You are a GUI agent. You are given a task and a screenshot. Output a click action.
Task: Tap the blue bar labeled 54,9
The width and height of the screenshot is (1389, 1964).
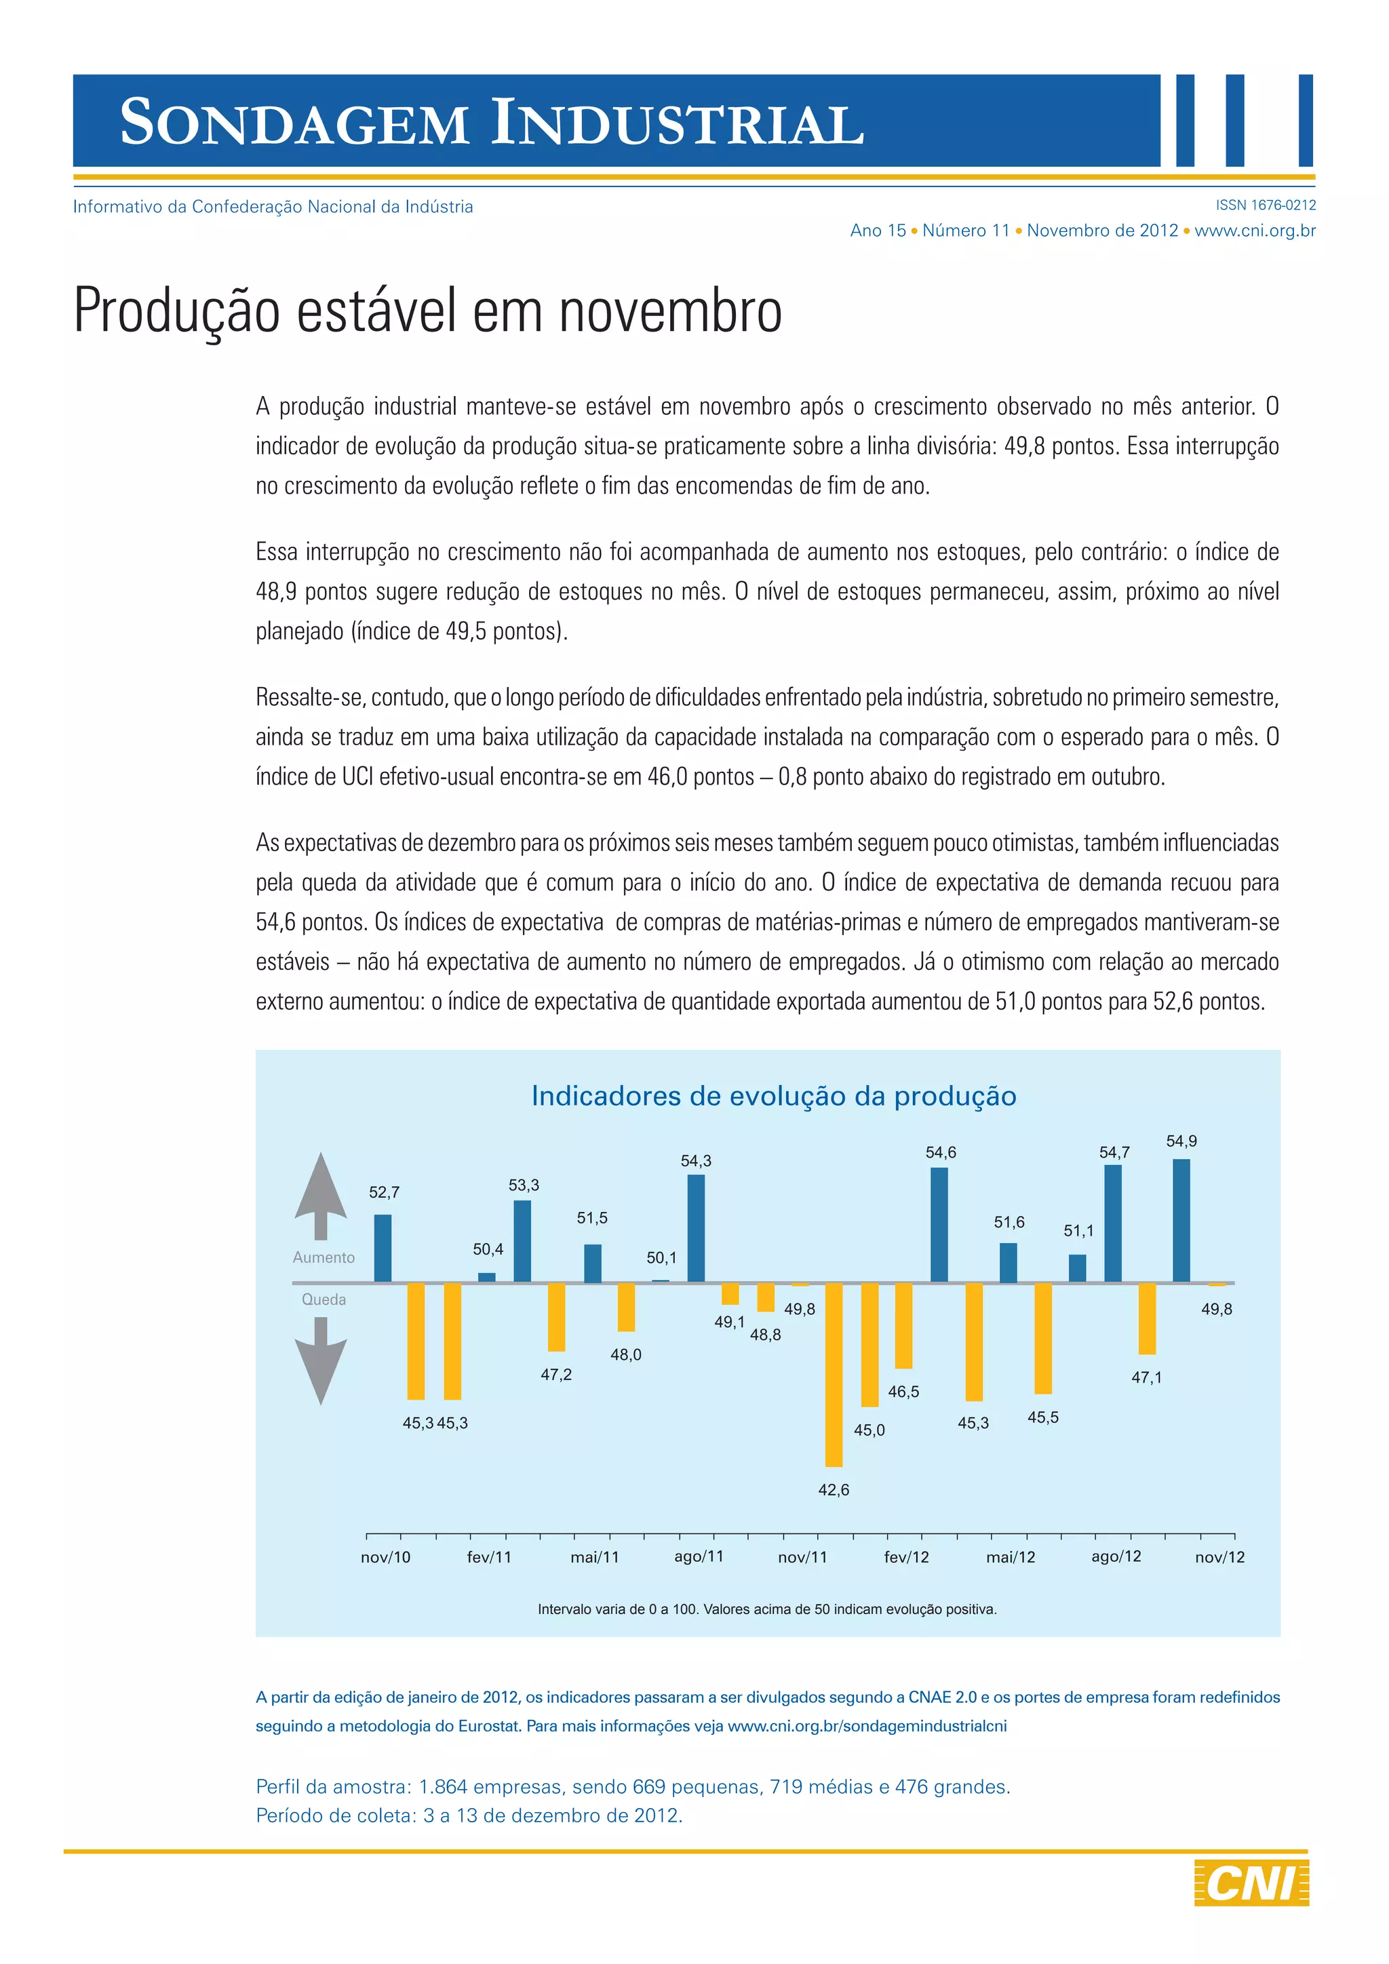click(1181, 1221)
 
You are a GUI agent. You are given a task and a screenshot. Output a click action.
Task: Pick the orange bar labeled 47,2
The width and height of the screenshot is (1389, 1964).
click(556, 1316)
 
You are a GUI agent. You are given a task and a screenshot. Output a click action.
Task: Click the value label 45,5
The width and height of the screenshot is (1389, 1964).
click(1042, 1417)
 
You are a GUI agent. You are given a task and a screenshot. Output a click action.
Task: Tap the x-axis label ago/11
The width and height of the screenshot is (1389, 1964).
click(699, 1556)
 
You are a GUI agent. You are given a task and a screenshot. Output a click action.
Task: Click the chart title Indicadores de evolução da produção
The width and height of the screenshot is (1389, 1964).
click(773, 1096)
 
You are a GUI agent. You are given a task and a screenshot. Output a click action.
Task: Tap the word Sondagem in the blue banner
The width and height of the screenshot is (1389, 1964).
click(294, 122)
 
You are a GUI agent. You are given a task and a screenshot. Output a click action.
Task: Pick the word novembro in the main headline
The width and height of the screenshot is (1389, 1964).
click(671, 311)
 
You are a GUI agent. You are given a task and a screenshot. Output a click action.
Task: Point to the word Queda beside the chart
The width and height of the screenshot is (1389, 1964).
click(324, 1299)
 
